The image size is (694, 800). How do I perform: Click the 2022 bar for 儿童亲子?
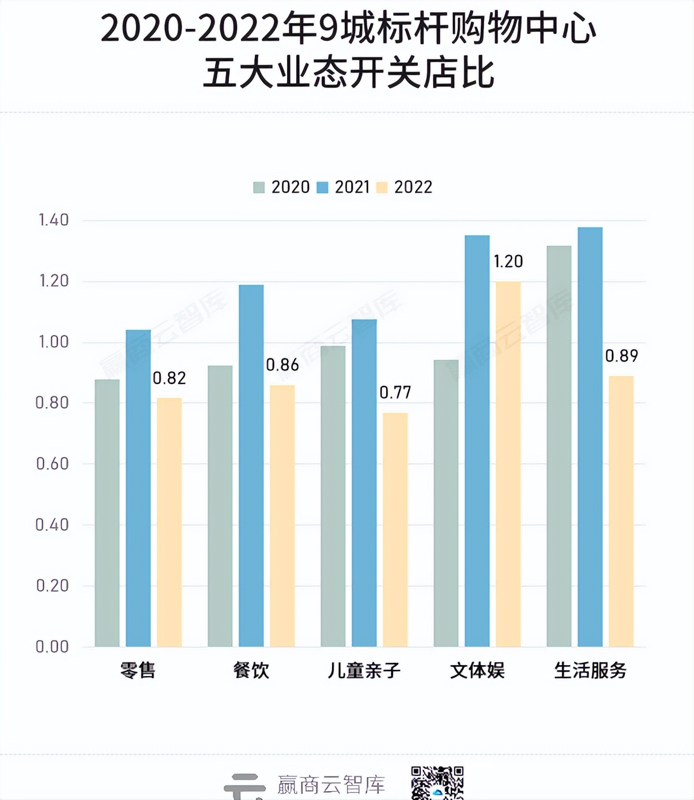tap(395, 530)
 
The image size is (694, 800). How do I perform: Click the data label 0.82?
tap(169, 379)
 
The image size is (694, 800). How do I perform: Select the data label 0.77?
tap(395, 393)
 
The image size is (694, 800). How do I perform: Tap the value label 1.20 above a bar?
tap(508, 262)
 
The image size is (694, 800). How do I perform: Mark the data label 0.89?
tap(621, 356)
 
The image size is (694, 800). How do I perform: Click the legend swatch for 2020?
tap(259, 187)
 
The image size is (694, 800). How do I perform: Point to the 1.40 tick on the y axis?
tap(53, 220)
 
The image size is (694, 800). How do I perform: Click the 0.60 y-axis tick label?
tap(52, 464)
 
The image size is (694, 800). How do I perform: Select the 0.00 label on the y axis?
tap(52, 647)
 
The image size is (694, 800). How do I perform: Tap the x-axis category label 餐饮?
tap(251, 670)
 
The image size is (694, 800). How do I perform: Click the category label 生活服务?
tap(590, 670)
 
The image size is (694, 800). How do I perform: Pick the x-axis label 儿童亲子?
tap(364, 670)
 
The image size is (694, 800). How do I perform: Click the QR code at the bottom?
tap(437, 783)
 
